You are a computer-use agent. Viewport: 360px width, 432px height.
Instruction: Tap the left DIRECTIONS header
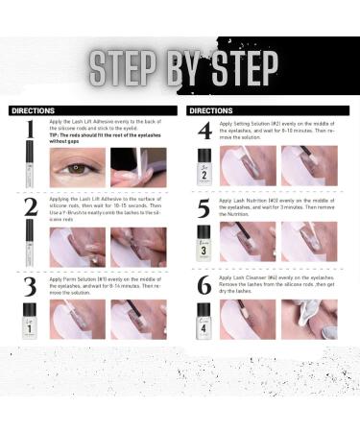(x=33, y=110)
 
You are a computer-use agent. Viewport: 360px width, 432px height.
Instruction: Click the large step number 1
(x=31, y=129)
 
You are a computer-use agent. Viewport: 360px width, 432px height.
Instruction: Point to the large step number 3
(x=31, y=285)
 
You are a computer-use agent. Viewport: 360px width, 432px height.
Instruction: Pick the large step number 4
(x=204, y=130)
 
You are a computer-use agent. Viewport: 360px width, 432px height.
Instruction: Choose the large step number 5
(x=204, y=208)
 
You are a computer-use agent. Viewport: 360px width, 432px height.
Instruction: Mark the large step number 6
(x=204, y=285)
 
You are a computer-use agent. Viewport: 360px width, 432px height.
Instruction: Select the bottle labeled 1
(x=31, y=321)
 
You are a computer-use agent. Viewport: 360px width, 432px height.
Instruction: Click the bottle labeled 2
(x=204, y=166)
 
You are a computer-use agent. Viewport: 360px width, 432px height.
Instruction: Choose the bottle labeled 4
(x=204, y=321)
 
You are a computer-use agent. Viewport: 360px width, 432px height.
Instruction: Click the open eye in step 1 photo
(x=77, y=169)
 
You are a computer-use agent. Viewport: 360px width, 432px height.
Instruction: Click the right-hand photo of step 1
(x=138, y=167)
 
